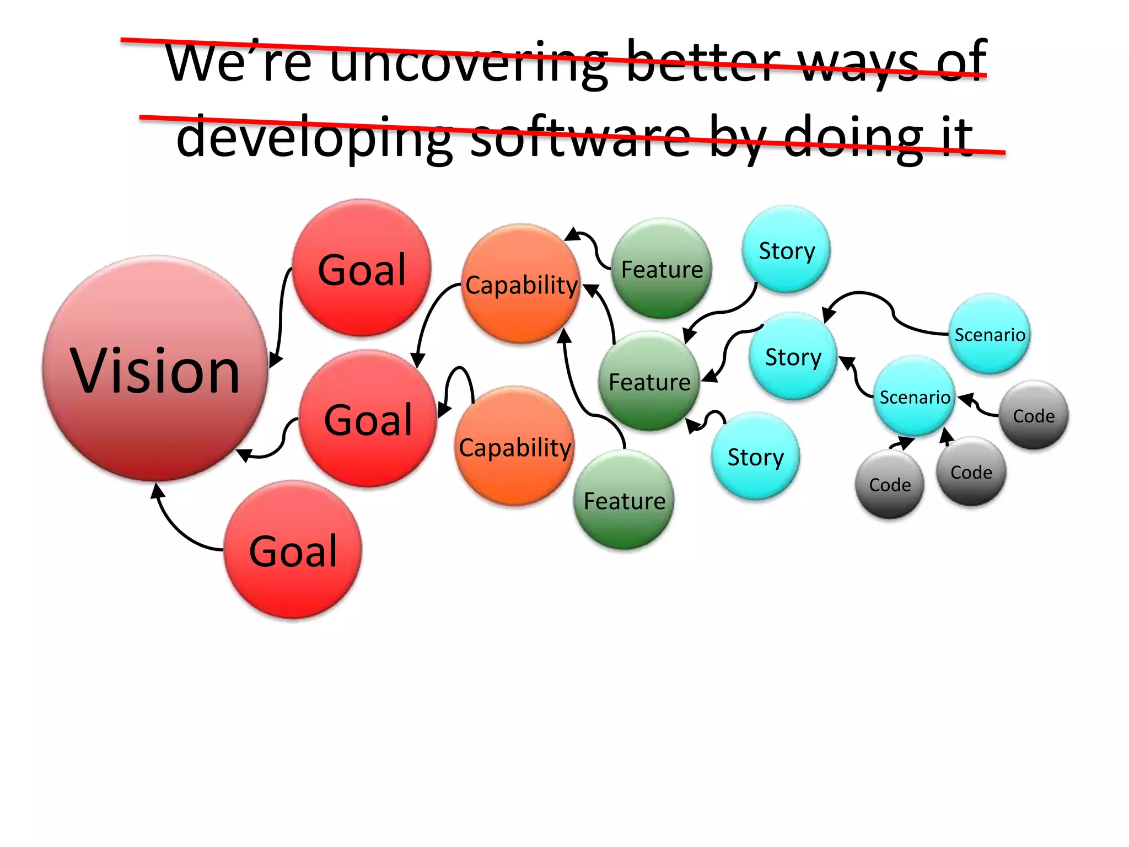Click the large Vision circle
click(x=155, y=368)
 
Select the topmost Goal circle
click(x=362, y=269)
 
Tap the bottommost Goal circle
click(x=293, y=550)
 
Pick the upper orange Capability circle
click(x=520, y=284)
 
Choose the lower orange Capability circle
click(x=514, y=446)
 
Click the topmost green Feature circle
click(x=662, y=269)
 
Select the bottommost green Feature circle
click(x=624, y=500)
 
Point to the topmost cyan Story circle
click(x=786, y=249)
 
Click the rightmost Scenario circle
click(x=990, y=334)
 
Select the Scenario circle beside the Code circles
click(x=915, y=396)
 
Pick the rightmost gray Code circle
click(x=1034, y=415)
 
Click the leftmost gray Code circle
click(x=889, y=484)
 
